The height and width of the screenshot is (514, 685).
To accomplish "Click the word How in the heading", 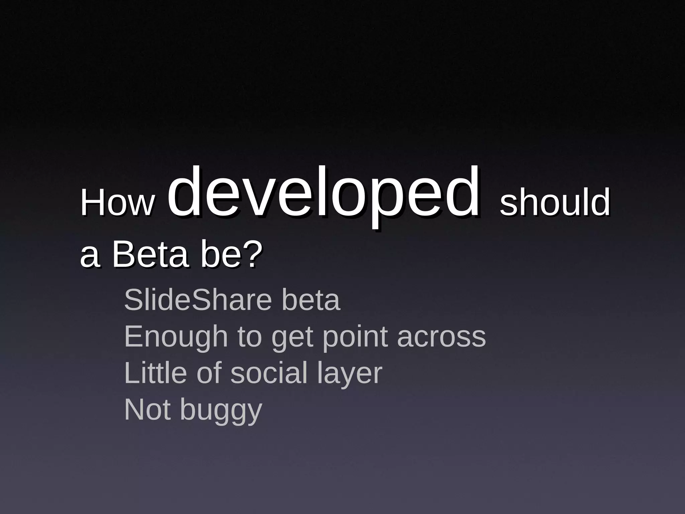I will tap(117, 202).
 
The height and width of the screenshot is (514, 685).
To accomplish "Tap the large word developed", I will tap(323, 194).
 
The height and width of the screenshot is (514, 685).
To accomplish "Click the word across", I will tap(442, 337).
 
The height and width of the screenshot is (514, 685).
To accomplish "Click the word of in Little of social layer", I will tap(209, 373).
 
